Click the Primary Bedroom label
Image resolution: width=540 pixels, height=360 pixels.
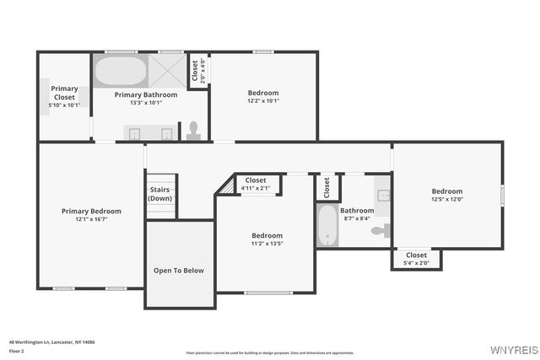(x=90, y=211)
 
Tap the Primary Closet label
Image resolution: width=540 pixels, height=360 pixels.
(x=64, y=93)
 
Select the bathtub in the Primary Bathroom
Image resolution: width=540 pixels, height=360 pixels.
(x=120, y=71)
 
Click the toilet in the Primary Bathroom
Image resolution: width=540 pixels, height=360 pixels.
(x=193, y=129)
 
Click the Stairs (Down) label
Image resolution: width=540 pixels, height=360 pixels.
(x=160, y=194)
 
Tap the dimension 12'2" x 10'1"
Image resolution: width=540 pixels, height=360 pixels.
(x=263, y=101)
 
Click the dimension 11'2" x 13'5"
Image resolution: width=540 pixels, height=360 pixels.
(x=267, y=244)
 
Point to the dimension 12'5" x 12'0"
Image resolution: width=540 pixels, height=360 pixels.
(x=447, y=200)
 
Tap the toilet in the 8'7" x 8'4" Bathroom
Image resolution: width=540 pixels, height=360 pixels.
(x=381, y=230)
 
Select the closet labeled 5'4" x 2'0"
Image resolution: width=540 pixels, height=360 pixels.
(x=417, y=259)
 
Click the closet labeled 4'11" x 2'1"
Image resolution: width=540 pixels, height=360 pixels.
(x=256, y=184)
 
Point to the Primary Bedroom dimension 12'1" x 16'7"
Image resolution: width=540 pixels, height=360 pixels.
(x=90, y=219)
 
